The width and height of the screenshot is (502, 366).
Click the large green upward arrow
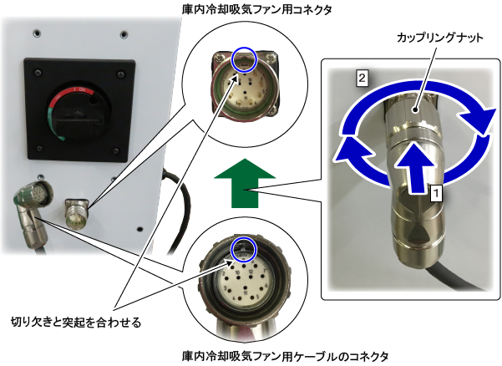click(245, 183)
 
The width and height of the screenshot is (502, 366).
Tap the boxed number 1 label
click(436, 193)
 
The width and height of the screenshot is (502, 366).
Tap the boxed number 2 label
click(362, 79)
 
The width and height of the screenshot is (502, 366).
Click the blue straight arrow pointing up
click(415, 167)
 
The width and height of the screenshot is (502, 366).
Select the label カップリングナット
click(440, 38)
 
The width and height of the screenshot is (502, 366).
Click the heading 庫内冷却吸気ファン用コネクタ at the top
click(256, 9)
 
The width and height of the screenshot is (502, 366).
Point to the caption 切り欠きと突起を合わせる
click(76, 322)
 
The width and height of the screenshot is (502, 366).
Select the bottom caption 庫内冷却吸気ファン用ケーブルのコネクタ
click(285, 357)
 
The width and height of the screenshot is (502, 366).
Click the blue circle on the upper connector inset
click(244, 60)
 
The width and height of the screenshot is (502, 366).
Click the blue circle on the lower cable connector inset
click(244, 250)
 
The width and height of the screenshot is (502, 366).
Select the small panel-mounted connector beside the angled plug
click(77, 213)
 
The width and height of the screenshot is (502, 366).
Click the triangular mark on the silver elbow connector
click(418, 233)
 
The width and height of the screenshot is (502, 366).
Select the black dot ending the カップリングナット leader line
click(415, 110)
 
